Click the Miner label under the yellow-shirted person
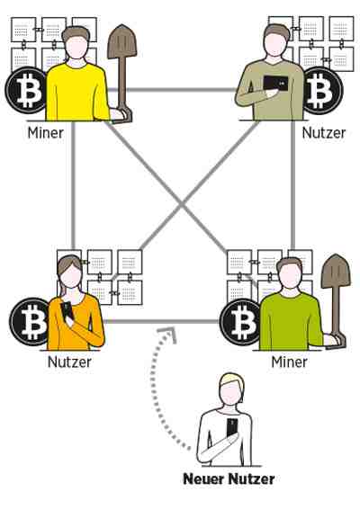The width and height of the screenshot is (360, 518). pyautogui.click(x=46, y=133)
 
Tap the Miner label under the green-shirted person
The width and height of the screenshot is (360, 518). pyautogui.click(x=289, y=362)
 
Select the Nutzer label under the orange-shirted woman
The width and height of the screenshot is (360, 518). pyautogui.click(x=69, y=362)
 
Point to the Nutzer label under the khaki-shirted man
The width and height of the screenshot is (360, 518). pyautogui.click(x=324, y=133)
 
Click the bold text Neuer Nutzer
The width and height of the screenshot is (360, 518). pyautogui.click(x=229, y=479)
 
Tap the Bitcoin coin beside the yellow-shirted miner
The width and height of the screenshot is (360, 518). pyautogui.click(x=26, y=90)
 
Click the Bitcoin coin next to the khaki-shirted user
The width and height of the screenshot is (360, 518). pyautogui.click(x=321, y=90)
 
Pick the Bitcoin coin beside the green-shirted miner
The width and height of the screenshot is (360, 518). pyautogui.click(x=240, y=321)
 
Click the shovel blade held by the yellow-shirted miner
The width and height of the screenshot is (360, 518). pyautogui.click(x=122, y=41)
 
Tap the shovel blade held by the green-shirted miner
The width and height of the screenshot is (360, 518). pyautogui.click(x=336, y=271)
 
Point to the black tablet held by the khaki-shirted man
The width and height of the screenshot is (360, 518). pyautogui.click(x=275, y=84)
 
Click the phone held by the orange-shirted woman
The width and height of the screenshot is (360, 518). pyautogui.click(x=67, y=311)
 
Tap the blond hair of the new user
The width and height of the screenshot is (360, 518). pyautogui.click(x=232, y=380)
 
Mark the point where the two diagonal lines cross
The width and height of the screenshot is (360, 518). pyautogui.click(x=181, y=205)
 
